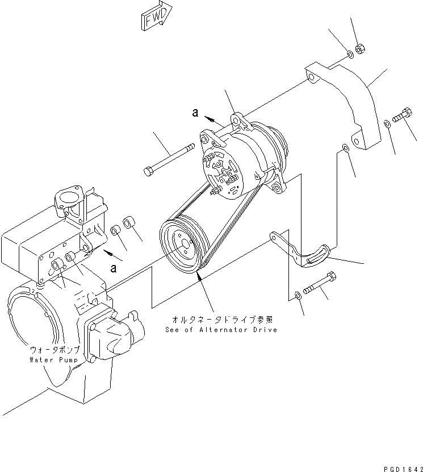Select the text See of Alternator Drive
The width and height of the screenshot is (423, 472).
tap(221, 330)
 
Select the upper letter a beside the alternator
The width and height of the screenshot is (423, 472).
tap(195, 113)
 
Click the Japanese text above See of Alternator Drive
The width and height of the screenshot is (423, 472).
tap(221, 320)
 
